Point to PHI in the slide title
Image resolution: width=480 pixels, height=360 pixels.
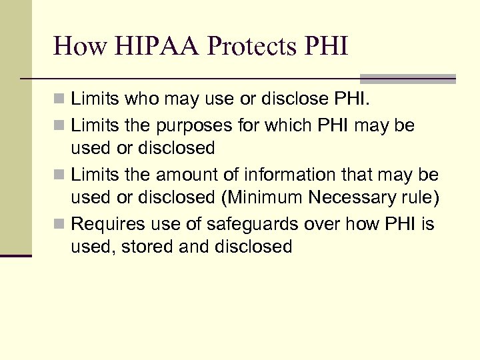coord(325,46)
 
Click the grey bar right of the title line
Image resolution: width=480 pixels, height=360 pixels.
coord(407,79)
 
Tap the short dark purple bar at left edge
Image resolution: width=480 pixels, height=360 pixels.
coord(16,255)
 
